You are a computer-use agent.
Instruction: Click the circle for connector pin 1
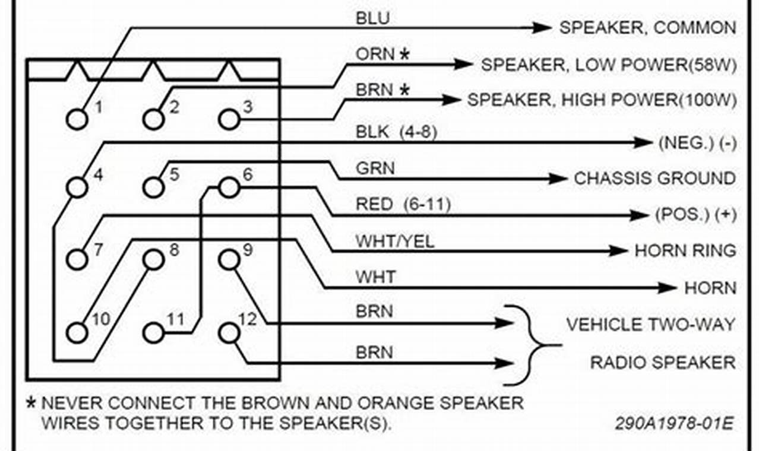76,119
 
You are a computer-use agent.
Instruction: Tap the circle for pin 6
229,188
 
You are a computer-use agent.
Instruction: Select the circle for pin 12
229,333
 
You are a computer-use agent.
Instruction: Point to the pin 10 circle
76,333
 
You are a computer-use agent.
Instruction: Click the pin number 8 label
173,249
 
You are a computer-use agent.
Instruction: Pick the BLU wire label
373,18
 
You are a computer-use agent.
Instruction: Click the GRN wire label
375,169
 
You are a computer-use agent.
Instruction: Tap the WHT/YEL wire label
395,242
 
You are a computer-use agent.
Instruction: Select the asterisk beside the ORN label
404,55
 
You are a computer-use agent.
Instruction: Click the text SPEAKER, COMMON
647,28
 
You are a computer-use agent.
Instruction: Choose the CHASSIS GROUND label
654,178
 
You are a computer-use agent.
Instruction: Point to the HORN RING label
685,251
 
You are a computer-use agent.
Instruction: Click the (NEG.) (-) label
697,142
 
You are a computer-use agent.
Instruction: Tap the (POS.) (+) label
695,215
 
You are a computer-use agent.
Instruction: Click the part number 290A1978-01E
673,424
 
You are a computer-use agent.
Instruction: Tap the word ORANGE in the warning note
394,404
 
